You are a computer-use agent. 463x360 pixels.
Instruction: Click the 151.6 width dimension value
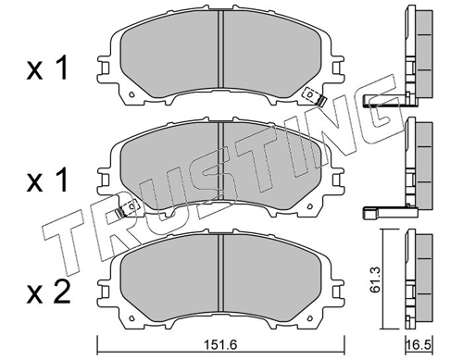220,345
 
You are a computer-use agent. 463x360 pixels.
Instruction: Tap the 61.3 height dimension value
375,279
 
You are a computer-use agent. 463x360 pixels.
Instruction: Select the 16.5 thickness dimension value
419,345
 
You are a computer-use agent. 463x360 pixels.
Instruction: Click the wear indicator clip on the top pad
314,96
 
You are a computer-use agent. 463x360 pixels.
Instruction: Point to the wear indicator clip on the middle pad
127,208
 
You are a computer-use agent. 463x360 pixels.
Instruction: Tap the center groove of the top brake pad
220,49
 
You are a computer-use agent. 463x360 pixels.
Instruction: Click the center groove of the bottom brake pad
220,273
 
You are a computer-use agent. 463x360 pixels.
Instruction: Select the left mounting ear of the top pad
105,69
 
